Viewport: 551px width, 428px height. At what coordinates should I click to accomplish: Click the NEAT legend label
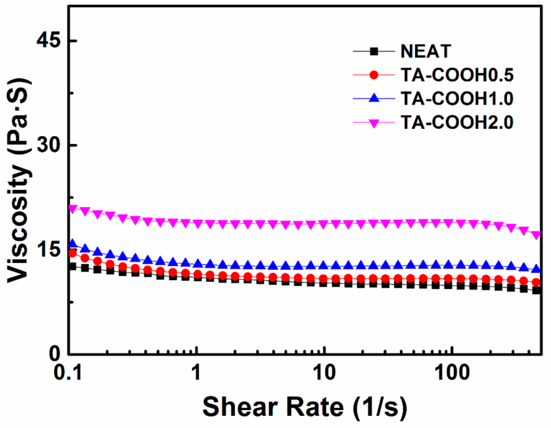click(x=425, y=52)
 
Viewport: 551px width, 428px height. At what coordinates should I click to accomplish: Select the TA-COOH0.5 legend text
click(x=457, y=75)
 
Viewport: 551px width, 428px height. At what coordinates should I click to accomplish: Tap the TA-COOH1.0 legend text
click(x=457, y=99)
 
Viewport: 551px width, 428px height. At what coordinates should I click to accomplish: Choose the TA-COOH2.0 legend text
click(x=457, y=123)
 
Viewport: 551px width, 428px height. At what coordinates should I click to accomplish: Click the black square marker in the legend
click(x=374, y=52)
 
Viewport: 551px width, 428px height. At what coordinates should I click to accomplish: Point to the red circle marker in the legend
click(x=374, y=75)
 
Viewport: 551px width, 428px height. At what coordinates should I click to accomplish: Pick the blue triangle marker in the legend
click(x=374, y=98)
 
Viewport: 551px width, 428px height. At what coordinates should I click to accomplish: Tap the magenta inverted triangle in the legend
click(x=374, y=123)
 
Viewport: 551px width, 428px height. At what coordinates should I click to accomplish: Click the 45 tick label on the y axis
click(x=48, y=41)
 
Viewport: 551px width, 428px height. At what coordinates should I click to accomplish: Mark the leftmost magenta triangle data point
click(x=73, y=209)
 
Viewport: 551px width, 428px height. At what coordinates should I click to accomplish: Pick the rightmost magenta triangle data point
click(x=536, y=235)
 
